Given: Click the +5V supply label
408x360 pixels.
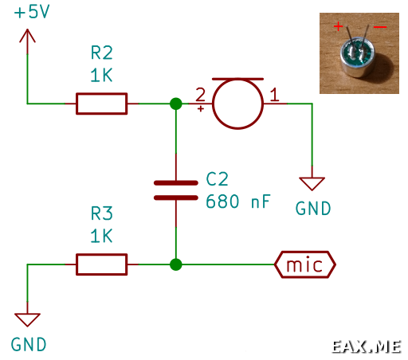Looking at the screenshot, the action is pos(32,12).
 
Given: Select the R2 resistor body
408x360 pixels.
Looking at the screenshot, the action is pos(101,104).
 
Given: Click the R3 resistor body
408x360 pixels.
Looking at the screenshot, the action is pos(101,264).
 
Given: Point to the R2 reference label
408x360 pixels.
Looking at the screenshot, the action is pos(102,53).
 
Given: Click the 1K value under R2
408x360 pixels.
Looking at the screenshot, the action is pos(101,75).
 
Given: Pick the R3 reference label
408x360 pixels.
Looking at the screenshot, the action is pos(102,213).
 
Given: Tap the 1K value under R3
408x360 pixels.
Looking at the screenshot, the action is pos(101,236).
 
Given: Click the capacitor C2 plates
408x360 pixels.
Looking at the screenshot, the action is pos(176,190).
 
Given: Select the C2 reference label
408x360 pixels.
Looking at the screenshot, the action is pos(217,179).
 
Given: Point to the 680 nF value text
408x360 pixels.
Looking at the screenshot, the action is pos(238,202).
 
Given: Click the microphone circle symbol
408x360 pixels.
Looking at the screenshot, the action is pos(237,79).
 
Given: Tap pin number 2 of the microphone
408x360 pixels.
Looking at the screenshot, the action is pos(201,95).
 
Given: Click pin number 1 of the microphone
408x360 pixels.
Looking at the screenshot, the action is pos(275,95).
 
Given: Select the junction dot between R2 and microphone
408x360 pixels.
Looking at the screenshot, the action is pos(176,104).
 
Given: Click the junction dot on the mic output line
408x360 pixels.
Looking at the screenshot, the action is pos(176,264).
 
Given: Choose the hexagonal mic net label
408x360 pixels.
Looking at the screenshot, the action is pos(305,264).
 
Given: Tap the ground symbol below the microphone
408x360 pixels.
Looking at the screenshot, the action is pos(312,183).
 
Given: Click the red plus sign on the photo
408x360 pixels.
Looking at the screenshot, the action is pos(338,26).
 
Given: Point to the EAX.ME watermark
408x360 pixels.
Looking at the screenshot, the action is pos(367,346).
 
